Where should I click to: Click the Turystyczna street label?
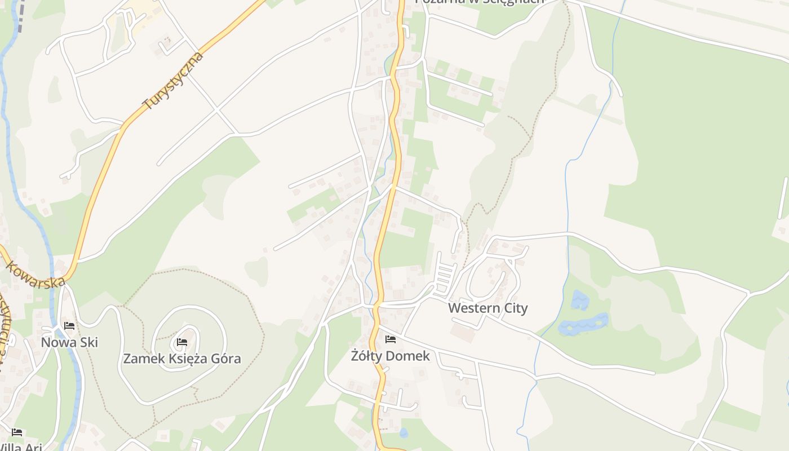pyautogui.click(x=172, y=81)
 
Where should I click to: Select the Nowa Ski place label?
pyautogui.click(x=69, y=342)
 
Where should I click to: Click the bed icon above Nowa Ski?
pyautogui.click(x=69, y=326)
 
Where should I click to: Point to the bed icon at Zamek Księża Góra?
pyautogui.click(x=181, y=342)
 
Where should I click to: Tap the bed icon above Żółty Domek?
pyautogui.click(x=390, y=339)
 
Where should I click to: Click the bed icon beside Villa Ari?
pyautogui.click(x=17, y=432)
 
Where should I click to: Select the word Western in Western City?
pyautogui.click(x=474, y=308)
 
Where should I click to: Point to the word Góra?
pyautogui.click(x=226, y=359)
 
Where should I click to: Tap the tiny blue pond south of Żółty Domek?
pyautogui.click(x=404, y=433)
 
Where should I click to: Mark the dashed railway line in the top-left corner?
pyautogui.click(x=20, y=14)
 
